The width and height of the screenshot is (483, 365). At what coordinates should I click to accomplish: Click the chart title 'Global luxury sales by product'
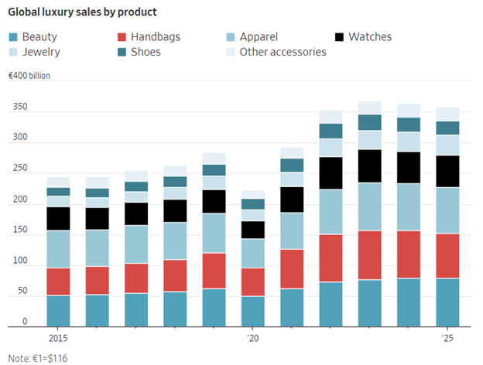pos(82,12)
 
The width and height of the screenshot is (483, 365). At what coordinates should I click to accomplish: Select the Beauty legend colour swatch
pos(13,37)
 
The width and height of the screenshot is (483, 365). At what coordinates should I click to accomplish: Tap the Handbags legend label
pos(156,36)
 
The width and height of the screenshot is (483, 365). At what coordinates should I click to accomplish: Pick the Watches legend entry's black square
pos(339,37)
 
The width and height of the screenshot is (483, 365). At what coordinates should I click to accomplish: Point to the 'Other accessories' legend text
pos(283,52)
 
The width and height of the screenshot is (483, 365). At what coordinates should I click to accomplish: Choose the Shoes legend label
pos(146,52)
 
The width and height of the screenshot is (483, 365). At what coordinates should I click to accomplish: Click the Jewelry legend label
pos(41,52)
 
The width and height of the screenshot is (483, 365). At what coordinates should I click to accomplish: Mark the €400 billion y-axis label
pos(29,76)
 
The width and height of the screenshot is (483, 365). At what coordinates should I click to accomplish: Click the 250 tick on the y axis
pos(20,168)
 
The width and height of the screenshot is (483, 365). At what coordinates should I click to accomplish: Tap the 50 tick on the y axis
pos(22,291)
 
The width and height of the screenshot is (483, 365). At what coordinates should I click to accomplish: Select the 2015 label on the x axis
pos(58,338)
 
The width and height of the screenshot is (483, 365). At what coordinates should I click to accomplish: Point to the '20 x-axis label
pos(252,338)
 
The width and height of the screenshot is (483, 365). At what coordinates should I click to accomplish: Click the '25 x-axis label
pos(447,338)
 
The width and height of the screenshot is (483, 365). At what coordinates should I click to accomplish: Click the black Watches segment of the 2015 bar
pos(58,219)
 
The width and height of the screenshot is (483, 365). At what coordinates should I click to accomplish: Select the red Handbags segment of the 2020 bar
pos(253,282)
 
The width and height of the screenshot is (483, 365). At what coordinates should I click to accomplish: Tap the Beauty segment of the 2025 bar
pos(447,302)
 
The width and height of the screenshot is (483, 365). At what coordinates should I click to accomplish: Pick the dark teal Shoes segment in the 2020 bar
pos(253,204)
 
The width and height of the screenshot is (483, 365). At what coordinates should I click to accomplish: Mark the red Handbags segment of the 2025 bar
pos(447,256)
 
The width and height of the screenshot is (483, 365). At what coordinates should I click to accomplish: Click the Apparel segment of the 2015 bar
pos(58,249)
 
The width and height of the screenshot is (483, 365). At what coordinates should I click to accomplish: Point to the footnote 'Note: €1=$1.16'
pos(38,359)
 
